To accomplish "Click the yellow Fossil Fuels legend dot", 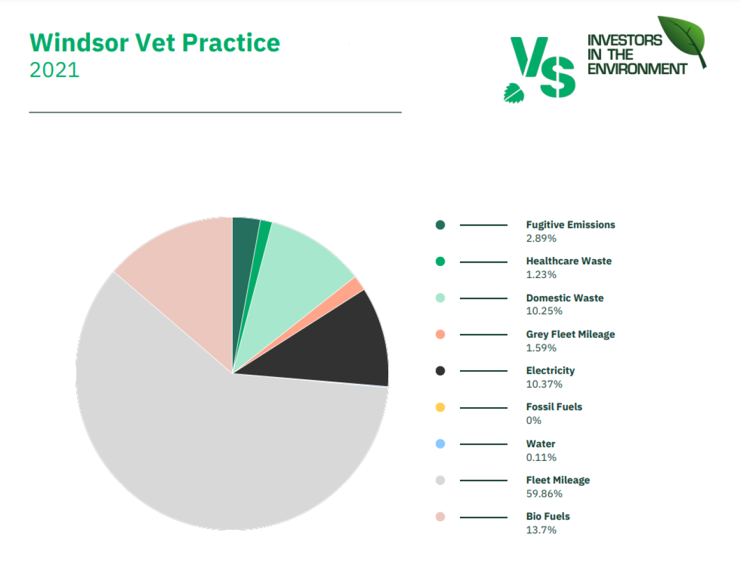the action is point(441,407).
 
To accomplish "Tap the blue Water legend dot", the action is point(441,444).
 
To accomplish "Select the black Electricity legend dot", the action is point(441,371).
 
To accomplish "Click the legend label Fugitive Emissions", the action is point(570,225).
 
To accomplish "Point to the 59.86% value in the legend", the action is point(544,493).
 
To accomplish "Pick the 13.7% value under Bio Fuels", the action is point(541,530).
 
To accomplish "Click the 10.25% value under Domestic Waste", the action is point(544,311).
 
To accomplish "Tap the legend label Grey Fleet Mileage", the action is point(570,334).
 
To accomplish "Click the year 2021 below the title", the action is point(55,70).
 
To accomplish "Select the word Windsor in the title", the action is point(79,43).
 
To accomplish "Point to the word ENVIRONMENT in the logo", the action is point(637,69).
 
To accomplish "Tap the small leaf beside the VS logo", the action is point(513,93).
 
